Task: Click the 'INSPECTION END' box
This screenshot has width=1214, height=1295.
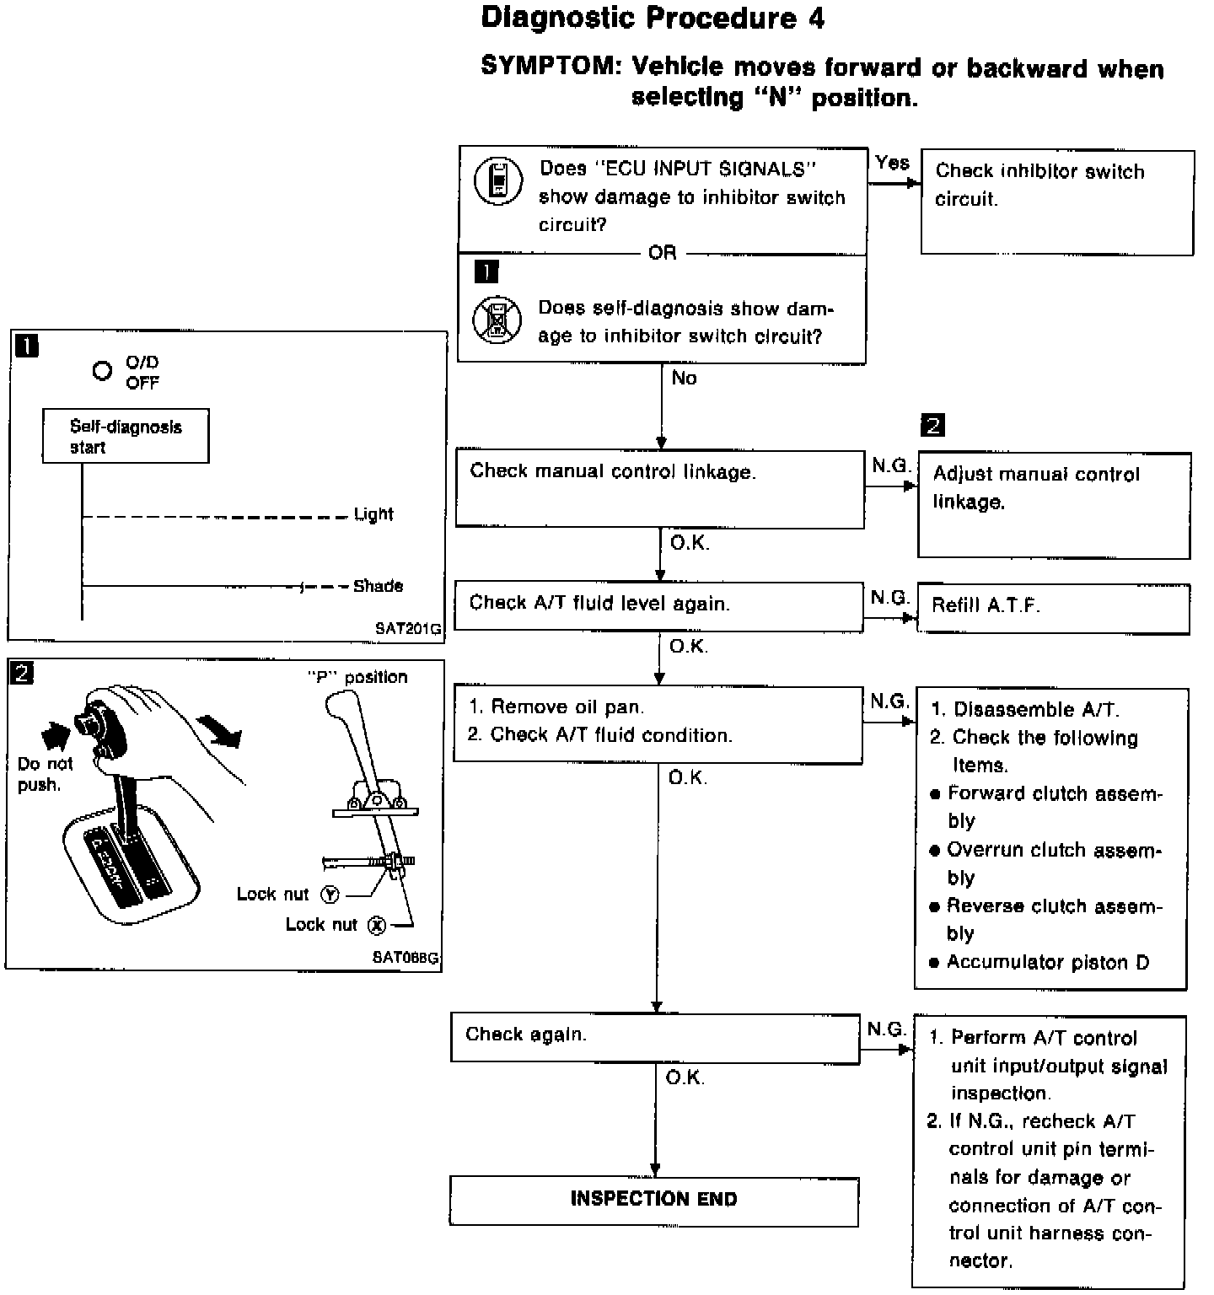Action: pos(653,1200)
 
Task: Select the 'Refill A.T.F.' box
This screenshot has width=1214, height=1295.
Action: pos(1053,607)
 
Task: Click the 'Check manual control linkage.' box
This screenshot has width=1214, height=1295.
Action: pos(659,488)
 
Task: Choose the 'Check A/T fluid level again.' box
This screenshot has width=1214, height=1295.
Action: pos(658,605)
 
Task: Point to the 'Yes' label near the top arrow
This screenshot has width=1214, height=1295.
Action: pos(892,163)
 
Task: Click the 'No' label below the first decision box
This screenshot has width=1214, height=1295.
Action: pos(684,379)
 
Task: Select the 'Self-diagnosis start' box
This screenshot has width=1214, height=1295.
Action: pos(126,436)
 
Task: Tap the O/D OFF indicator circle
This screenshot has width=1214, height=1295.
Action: pos(102,371)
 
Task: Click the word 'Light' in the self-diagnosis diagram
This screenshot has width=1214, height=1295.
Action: pos(373,514)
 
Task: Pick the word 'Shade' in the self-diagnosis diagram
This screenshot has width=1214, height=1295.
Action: pos(378,586)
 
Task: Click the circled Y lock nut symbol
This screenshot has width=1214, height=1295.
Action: pos(330,895)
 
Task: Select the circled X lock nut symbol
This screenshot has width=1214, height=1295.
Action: pos(376,925)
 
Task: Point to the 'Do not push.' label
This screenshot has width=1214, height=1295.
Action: pos(44,774)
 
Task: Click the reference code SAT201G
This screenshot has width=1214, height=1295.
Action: pos(408,629)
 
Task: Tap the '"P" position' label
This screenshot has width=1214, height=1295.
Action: pos(357,677)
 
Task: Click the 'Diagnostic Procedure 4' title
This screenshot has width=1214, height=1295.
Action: pos(653,19)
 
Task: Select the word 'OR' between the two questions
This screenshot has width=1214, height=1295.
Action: pos(662,252)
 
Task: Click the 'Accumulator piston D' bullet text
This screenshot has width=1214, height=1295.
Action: pos(1047,962)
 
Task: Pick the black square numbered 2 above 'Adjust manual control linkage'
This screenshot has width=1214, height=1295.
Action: pos(932,425)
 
